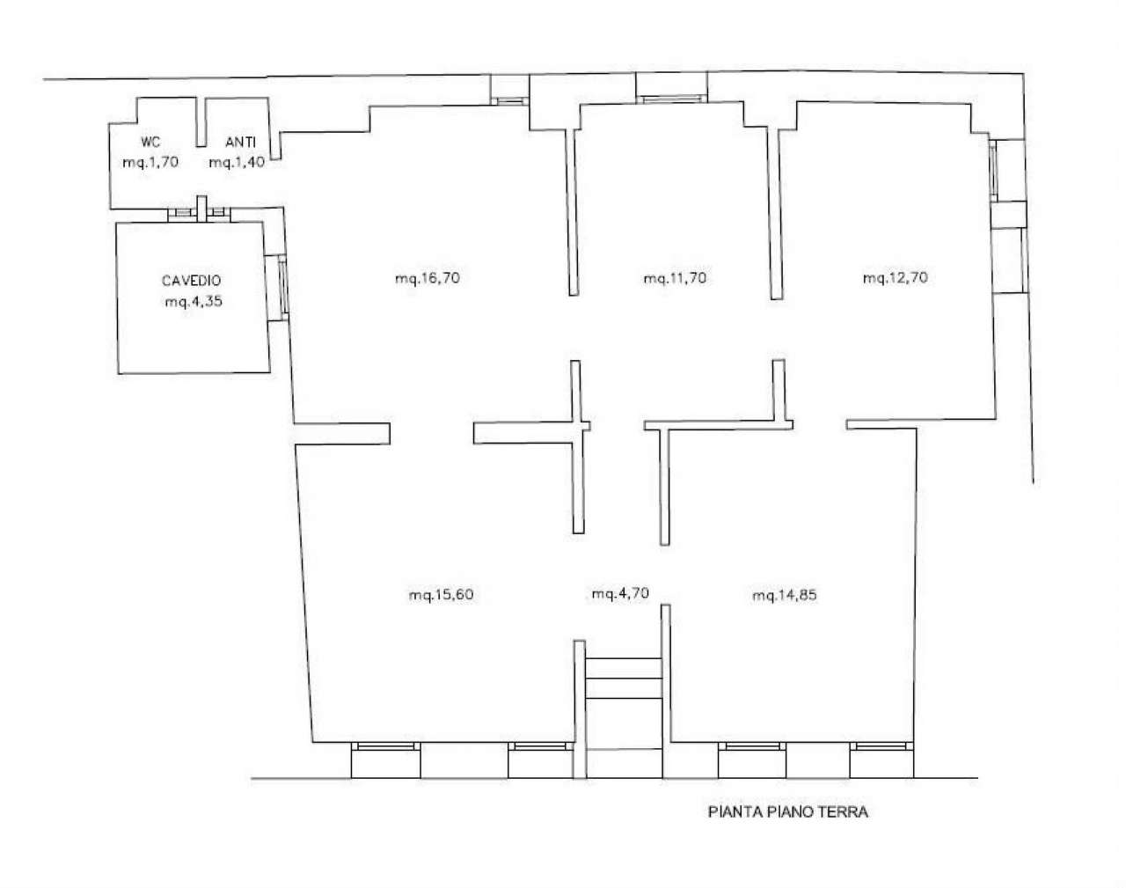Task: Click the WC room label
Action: click(150, 143)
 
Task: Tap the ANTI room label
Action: click(240, 143)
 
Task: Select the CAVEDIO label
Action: click(191, 282)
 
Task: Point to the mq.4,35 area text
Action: click(193, 302)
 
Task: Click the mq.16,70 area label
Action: click(428, 278)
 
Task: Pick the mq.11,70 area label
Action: click(675, 278)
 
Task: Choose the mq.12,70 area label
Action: click(895, 278)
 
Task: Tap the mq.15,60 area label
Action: click(441, 595)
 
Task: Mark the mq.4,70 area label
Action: click(620, 594)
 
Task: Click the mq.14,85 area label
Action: click(785, 595)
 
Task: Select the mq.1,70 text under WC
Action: click(150, 162)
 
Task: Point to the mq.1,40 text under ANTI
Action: click(237, 162)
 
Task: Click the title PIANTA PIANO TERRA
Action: click(787, 812)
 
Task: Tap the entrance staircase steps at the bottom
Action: click(624, 679)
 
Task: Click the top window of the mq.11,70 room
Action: click(673, 99)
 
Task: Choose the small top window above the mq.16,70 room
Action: click(509, 100)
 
